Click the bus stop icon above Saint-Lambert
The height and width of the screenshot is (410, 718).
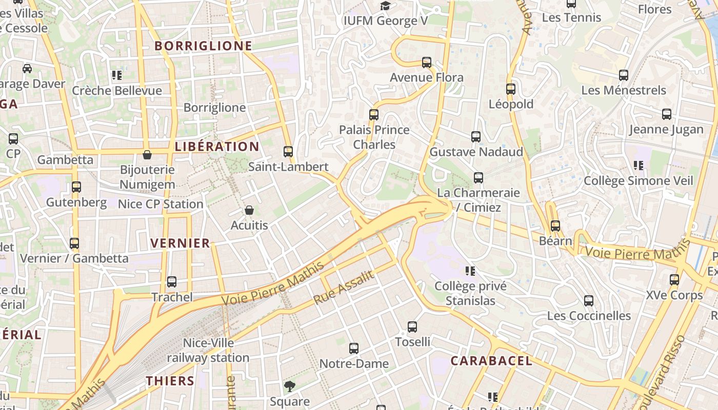click(x=288, y=152)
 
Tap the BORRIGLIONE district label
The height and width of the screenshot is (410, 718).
click(x=204, y=46)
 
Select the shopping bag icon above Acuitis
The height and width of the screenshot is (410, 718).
click(x=249, y=210)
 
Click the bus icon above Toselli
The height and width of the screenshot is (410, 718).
click(x=412, y=327)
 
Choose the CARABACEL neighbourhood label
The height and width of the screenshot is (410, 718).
click(x=491, y=361)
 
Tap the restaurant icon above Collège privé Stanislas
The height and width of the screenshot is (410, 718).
click(x=470, y=271)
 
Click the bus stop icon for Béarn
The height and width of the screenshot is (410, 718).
click(x=555, y=226)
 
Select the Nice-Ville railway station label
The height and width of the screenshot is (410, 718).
click(x=208, y=350)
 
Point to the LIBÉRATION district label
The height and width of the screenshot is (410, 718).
click(x=217, y=147)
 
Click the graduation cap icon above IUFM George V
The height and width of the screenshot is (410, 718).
click(x=385, y=6)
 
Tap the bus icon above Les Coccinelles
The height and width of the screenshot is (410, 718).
click(x=589, y=301)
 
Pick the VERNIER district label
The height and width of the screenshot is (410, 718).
click(x=180, y=243)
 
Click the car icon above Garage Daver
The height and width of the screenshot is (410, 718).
click(x=27, y=69)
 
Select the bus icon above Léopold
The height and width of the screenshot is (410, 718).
click(x=511, y=89)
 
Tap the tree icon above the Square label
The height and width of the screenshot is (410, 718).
click(x=290, y=386)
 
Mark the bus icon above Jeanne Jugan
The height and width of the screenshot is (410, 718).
click(x=667, y=114)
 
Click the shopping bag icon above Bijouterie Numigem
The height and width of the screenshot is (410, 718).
click(x=147, y=155)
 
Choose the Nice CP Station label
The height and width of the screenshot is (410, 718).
click(x=161, y=204)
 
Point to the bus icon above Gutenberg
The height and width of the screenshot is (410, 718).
click(x=76, y=187)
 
